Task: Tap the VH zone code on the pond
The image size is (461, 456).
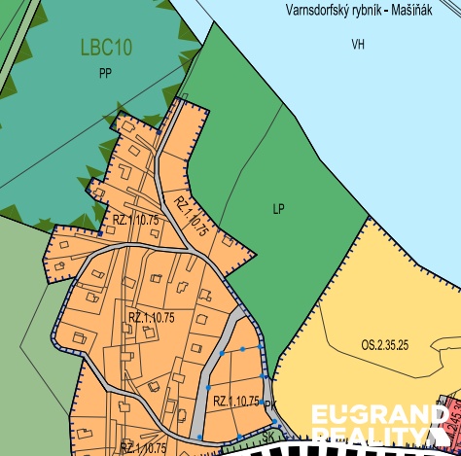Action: [357, 45]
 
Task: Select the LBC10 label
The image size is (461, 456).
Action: [106, 47]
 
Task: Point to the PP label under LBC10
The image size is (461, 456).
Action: [106, 73]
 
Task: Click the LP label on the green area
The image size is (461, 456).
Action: [279, 208]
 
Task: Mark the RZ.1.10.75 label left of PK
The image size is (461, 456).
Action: [234, 401]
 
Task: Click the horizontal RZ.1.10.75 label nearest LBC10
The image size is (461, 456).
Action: [134, 221]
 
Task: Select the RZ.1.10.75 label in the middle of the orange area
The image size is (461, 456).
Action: [151, 317]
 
